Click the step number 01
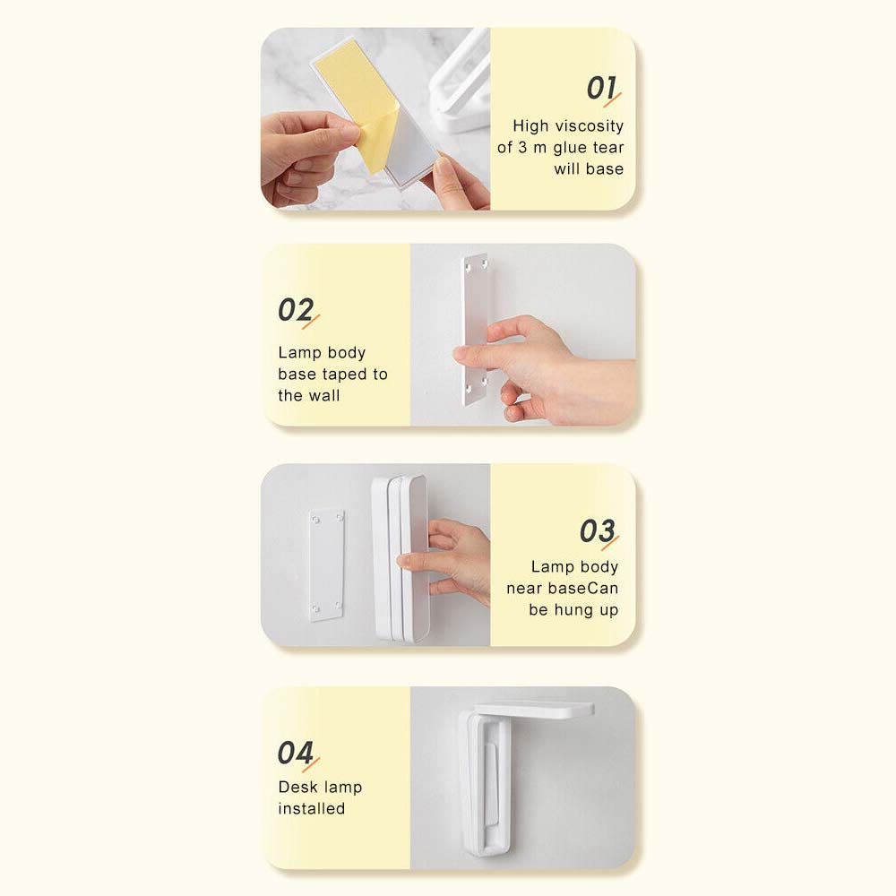[601, 88]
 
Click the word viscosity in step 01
[589, 125]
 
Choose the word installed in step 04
[312, 808]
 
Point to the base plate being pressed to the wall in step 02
[476, 329]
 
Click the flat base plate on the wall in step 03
[326, 564]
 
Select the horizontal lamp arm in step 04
[534, 711]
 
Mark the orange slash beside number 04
[311, 764]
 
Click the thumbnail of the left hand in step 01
[349, 133]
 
